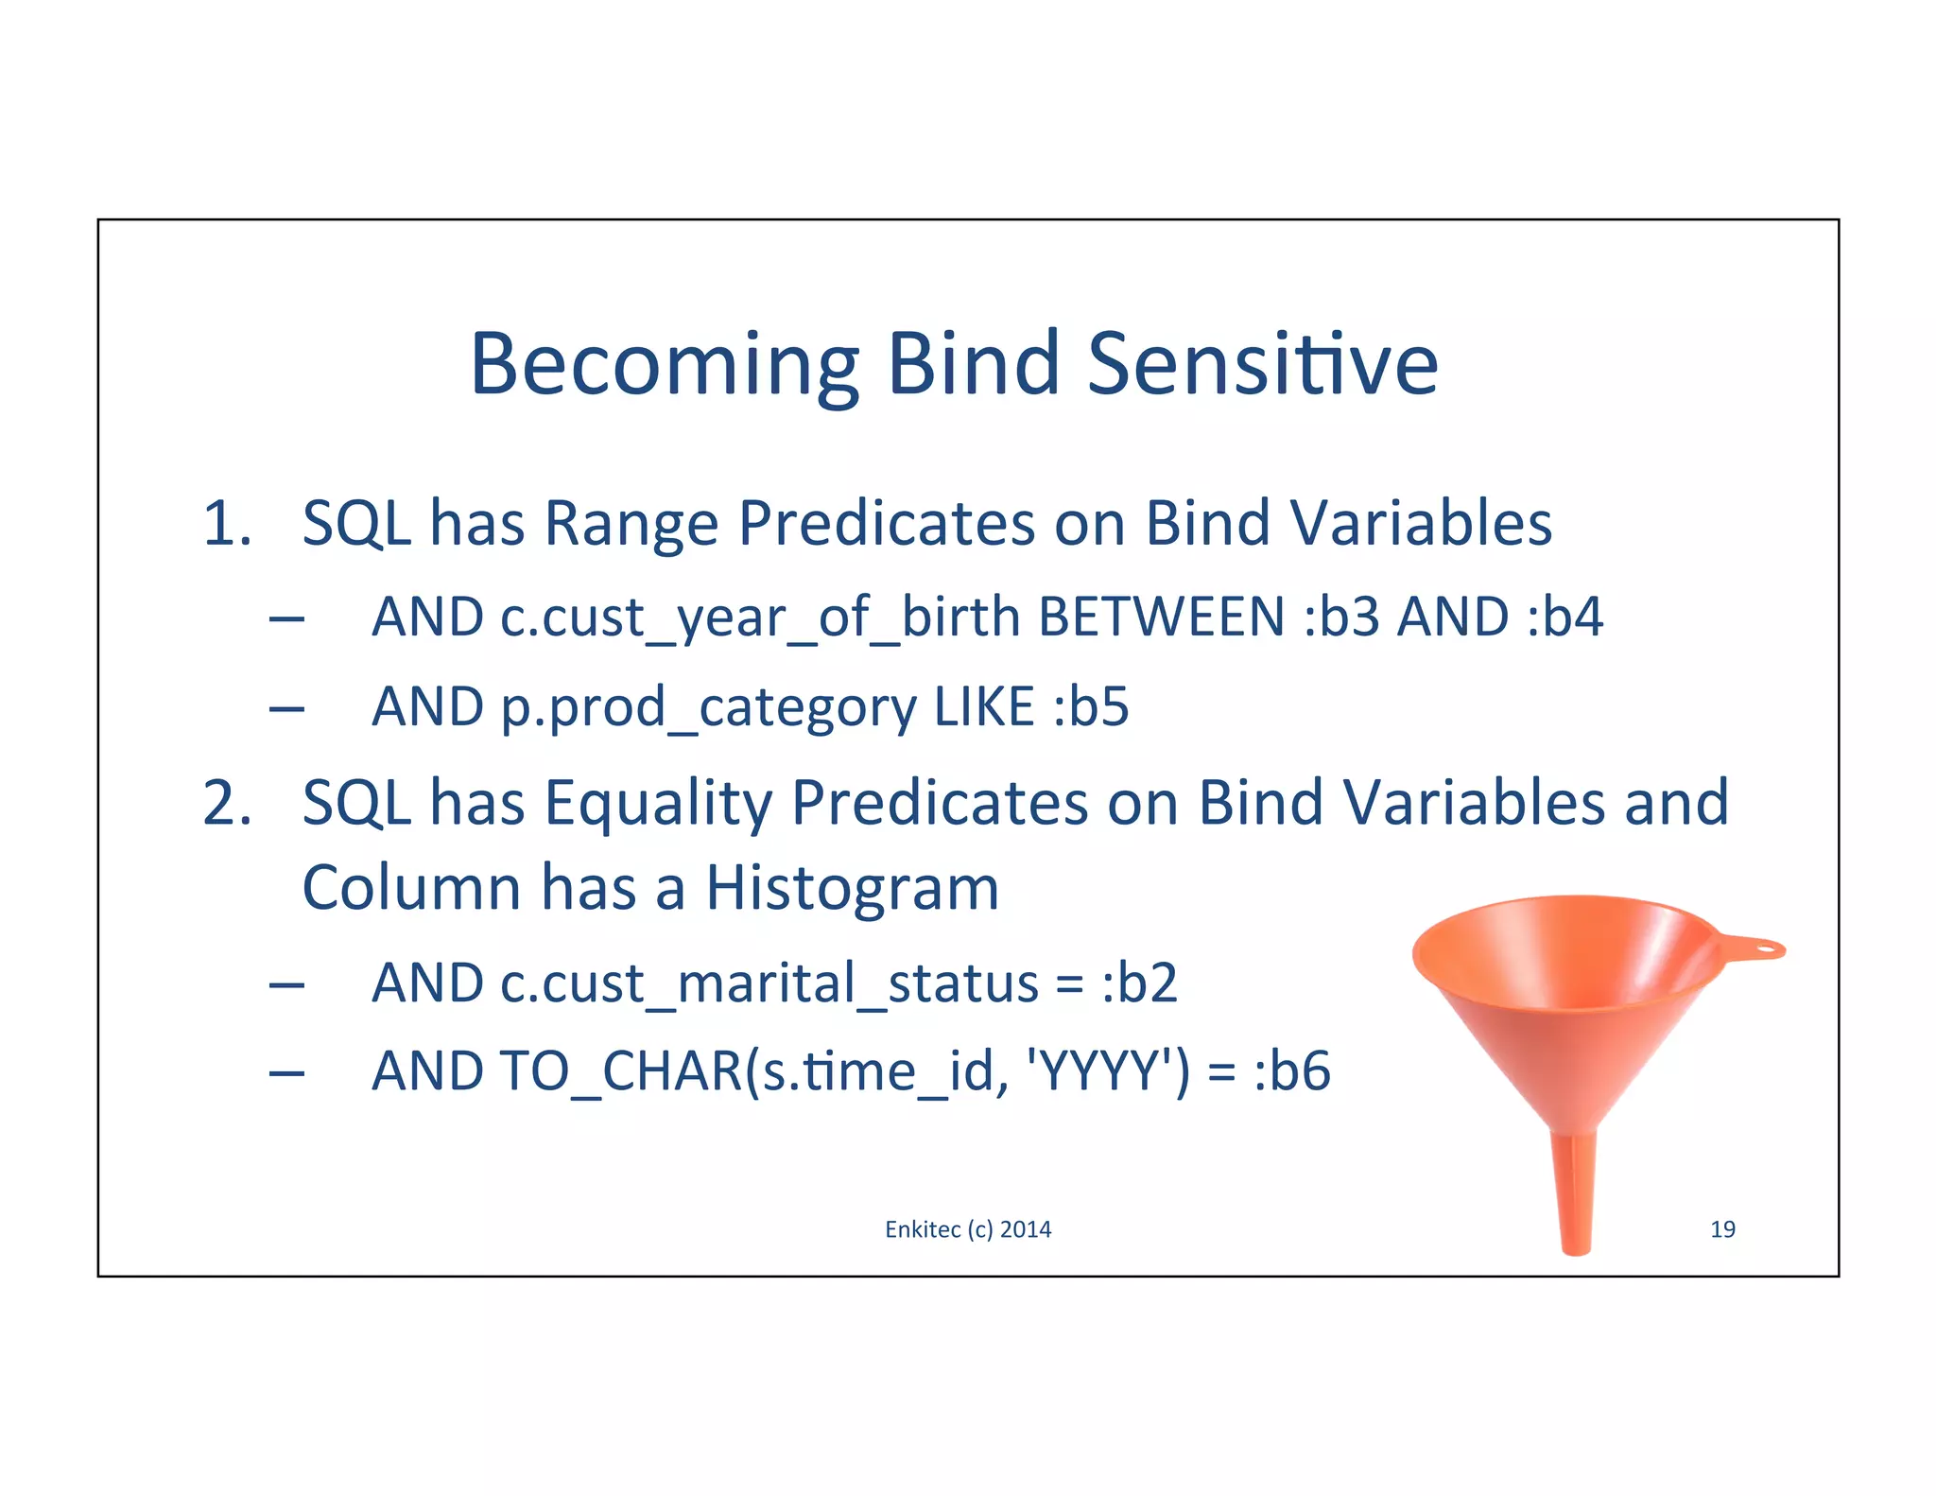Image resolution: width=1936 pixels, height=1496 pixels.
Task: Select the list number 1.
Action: [227, 524]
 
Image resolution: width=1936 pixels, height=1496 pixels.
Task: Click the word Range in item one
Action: [631, 524]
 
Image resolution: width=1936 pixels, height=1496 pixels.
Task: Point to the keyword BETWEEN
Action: [1161, 618]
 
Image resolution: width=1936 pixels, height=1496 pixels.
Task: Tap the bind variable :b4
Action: [1564, 618]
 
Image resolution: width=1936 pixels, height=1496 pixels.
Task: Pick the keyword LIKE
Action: [984, 707]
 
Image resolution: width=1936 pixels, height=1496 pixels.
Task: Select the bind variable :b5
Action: [1091, 707]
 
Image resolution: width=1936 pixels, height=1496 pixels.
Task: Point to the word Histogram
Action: [852, 889]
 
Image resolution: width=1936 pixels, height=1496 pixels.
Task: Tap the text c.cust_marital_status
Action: [705, 983]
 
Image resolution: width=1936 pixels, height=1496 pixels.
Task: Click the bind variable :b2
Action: [1140, 983]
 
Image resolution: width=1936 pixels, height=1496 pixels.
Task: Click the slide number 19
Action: [1722, 1229]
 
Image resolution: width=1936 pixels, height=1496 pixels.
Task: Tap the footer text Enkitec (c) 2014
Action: [968, 1229]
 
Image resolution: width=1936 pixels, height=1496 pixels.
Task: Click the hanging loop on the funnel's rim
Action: [1760, 948]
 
